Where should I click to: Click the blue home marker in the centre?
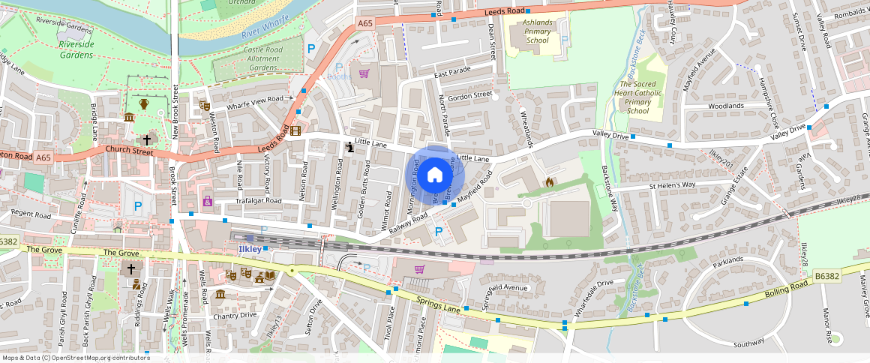click(435, 175)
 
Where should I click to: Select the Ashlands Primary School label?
click(537, 31)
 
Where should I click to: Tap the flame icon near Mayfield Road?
click(549, 181)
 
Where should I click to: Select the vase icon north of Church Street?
click(144, 103)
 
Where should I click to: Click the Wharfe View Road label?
click(255, 99)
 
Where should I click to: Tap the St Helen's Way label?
click(672, 184)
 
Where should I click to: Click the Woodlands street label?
click(725, 106)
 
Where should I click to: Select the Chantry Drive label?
click(234, 315)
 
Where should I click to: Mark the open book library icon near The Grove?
click(270, 275)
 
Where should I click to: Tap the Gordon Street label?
click(469, 96)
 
